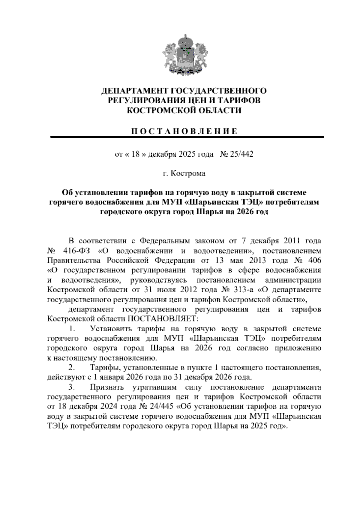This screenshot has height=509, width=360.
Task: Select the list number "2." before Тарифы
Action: [x=72, y=367]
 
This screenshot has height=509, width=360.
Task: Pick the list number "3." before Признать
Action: [x=72, y=387]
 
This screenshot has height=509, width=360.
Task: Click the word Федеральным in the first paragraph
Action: [x=165, y=241]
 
